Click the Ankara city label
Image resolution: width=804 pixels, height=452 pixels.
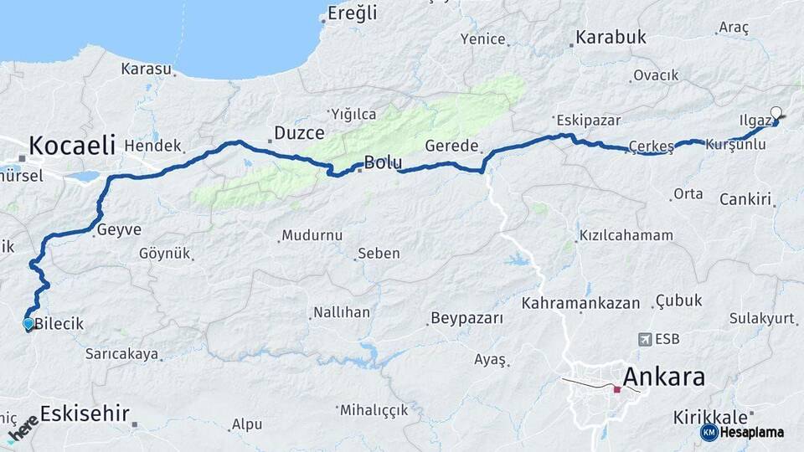pos(663,376)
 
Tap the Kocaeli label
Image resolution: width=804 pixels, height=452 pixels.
pos(72,145)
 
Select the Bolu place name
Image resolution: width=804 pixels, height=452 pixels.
pos(382,162)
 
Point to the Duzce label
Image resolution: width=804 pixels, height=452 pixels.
pos(299,133)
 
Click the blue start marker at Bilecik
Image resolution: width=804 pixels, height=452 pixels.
pos(28,323)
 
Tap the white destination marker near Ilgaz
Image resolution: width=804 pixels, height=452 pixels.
pos(776,113)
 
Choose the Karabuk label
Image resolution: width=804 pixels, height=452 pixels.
pos(609,38)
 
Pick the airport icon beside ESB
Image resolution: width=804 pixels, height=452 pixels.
pos(645,339)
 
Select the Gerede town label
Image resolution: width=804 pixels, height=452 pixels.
pos(451,146)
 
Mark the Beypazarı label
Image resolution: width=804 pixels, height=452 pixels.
pos(466,318)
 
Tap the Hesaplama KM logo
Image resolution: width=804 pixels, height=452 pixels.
pos(743,432)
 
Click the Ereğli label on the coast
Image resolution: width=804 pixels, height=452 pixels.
pos(353,13)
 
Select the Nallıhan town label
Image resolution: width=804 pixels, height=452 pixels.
pos(341,312)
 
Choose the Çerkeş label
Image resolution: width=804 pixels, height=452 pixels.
pos(651,147)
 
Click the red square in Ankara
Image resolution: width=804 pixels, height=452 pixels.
pos(617,389)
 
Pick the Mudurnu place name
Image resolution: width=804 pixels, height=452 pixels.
pos(312,235)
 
